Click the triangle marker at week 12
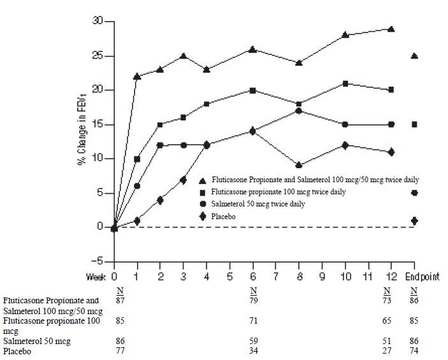[x=391, y=29]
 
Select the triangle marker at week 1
[x=137, y=76]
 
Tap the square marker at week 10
[x=345, y=83]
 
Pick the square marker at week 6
[x=253, y=90]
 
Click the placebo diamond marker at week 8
[x=299, y=165]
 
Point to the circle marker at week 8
[x=299, y=111]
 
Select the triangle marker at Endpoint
[x=414, y=56]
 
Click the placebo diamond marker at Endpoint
[x=414, y=220]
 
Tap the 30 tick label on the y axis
[x=96, y=21]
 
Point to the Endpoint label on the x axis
[x=422, y=277]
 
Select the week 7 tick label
[x=276, y=277]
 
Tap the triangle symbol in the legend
[x=203, y=181]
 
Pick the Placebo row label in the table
[x=17, y=350]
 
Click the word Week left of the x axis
[x=96, y=277]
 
